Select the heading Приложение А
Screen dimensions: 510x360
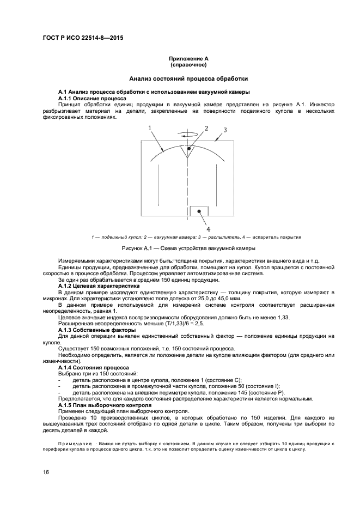[x=189, y=58]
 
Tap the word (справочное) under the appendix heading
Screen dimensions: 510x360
[x=189, y=64]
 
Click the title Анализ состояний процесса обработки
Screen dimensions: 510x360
[x=188, y=79]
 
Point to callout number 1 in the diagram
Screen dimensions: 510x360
[x=150, y=127]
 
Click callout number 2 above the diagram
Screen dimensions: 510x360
[x=206, y=128]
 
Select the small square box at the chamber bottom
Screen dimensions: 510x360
[x=199, y=211]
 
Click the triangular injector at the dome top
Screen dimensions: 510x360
[x=188, y=150]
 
